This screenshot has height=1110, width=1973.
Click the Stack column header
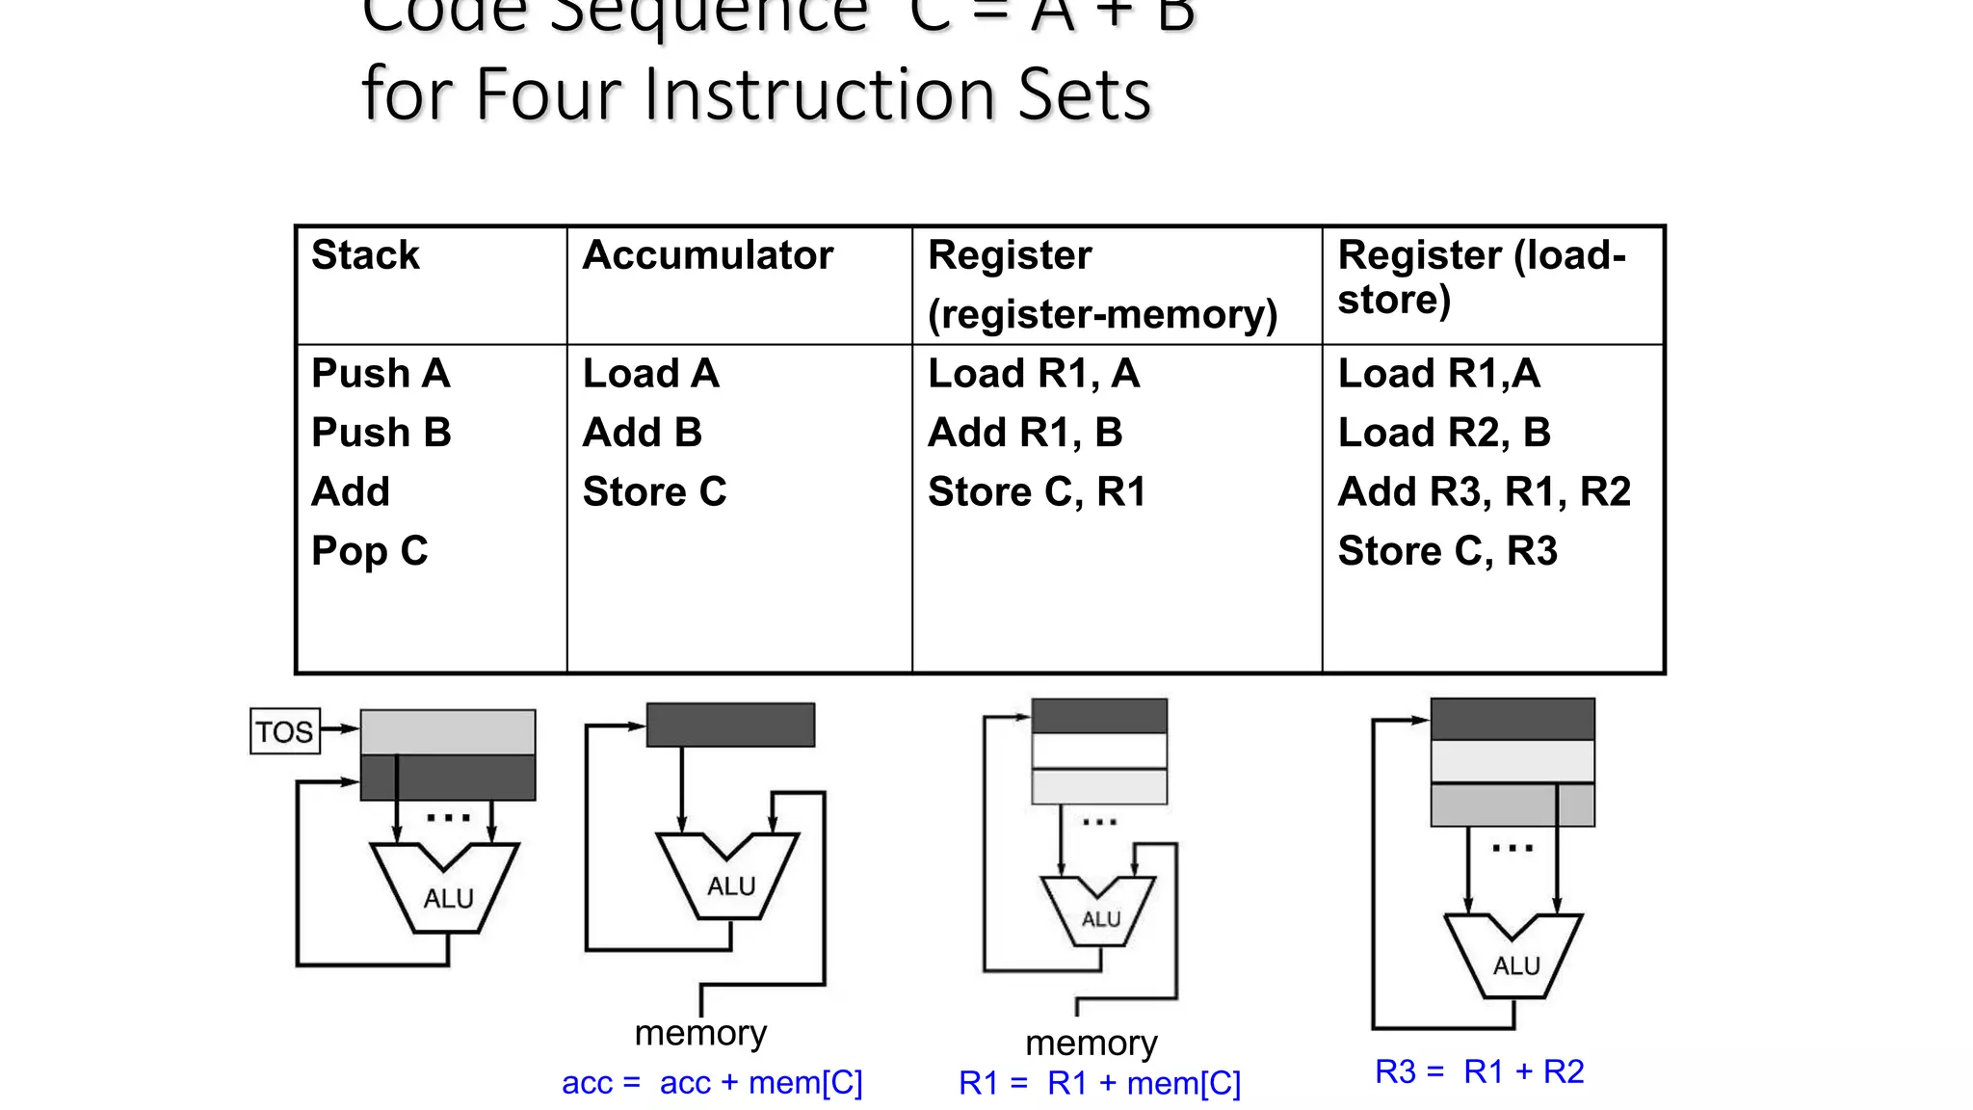[365, 255]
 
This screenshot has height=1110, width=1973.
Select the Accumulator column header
[707, 255]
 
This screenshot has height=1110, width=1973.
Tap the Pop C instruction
[369, 551]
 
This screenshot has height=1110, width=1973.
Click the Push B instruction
[381, 433]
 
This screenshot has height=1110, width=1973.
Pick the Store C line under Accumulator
[654, 492]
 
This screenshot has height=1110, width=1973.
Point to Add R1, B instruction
[1024, 433]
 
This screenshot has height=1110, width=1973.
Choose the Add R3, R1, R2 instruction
[1484, 492]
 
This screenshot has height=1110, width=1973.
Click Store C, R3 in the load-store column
[1447, 551]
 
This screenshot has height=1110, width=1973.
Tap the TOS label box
[284, 731]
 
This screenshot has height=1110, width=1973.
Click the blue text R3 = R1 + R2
[1479, 1071]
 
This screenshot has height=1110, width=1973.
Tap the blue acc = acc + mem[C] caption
[712, 1083]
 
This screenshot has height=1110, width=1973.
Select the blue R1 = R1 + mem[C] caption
[1099, 1084]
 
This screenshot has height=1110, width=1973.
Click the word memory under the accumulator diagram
[700, 1033]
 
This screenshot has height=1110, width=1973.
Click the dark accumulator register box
[730, 725]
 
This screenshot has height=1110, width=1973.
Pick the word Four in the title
[551, 95]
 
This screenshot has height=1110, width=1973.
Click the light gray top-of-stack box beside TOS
[448, 732]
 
